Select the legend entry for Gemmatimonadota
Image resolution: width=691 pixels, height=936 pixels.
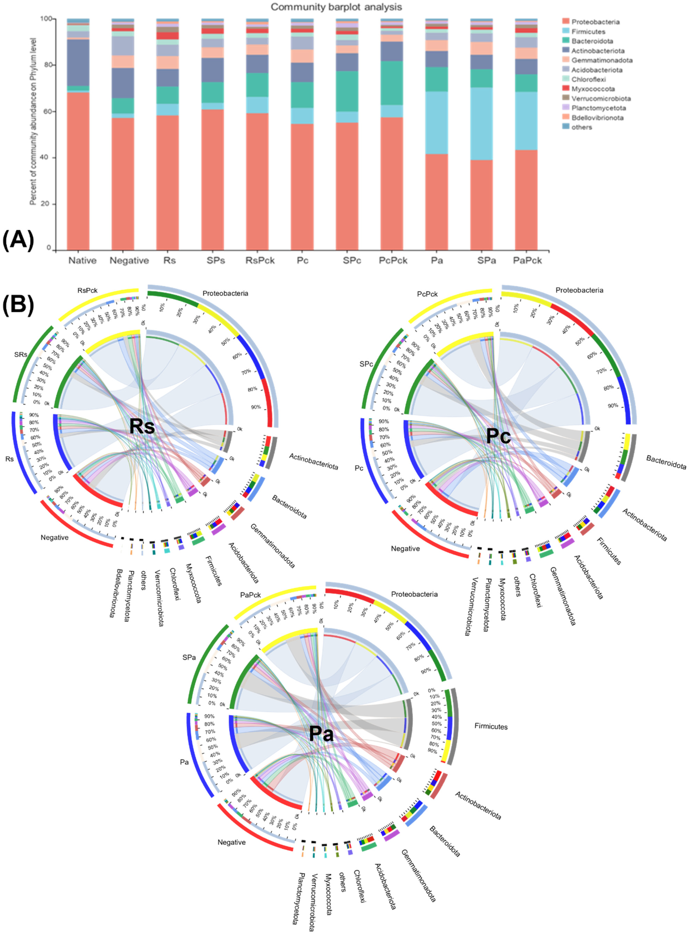point(601,60)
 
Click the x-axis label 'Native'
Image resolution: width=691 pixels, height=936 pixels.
point(82,261)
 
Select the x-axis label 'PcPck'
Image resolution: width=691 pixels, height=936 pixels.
point(393,261)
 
